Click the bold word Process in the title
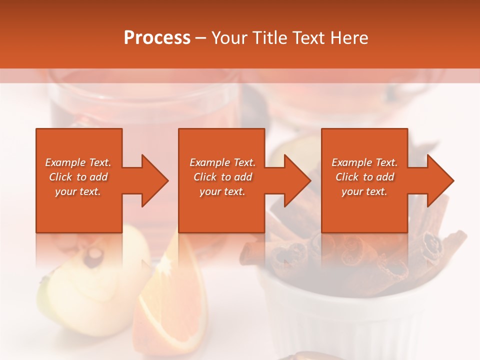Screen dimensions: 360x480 pos(157,38)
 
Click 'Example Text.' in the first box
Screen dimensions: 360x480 pos(78,162)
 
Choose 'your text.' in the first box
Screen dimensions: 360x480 pos(78,191)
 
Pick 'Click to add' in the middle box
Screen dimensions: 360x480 pos(222,177)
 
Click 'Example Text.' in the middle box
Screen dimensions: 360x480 pos(222,162)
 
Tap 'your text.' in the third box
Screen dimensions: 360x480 pos(364,191)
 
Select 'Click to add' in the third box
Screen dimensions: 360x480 pos(364,177)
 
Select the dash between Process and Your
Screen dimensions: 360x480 pos(201,38)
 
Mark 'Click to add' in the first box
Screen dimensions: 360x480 pos(78,177)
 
